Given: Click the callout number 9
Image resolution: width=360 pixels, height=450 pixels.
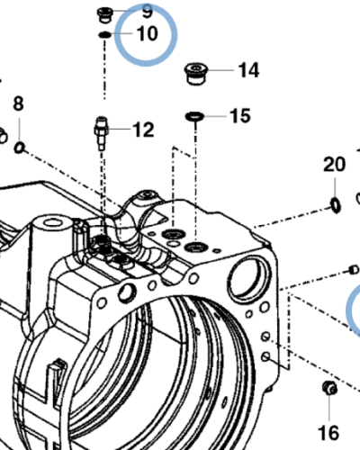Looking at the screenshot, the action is pyautogui.click(x=148, y=11).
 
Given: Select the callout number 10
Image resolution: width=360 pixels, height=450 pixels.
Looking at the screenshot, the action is pyautogui.click(x=147, y=33).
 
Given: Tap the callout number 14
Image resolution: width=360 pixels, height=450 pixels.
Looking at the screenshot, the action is pyautogui.click(x=248, y=70).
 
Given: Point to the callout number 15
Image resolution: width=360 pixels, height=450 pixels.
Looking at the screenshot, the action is pyautogui.click(x=240, y=116).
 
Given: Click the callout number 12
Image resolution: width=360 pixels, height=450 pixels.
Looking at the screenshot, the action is pyautogui.click(x=143, y=130).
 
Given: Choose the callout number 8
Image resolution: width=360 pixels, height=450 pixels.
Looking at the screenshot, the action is pyautogui.click(x=18, y=103).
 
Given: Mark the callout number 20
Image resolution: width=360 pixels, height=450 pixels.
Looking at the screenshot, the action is pyautogui.click(x=334, y=165).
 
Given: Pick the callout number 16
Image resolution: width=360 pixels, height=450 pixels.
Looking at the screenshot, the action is pyautogui.click(x=328, y=433).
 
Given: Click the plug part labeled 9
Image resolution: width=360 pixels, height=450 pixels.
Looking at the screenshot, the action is pyautogui.click(x=105, y=15).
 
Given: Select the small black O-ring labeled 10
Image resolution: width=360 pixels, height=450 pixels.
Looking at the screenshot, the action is pyautogui.click(x=104, y=35).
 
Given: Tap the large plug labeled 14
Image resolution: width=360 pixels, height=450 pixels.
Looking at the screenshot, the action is pyautogui.click(x=196, y=74).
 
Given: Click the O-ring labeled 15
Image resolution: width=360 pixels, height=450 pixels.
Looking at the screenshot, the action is pyautogui.click(x=194, y=116).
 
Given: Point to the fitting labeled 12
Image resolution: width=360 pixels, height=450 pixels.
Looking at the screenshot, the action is pyautogui.click(x=101, y=133).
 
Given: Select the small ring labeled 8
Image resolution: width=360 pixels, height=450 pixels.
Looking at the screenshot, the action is pyautogui.click(x=20, y=148).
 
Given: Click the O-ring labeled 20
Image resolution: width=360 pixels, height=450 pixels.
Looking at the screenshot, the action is pyautogui.click(x=336, y=205).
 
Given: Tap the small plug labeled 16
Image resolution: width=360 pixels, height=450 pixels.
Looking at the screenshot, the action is pyautogui.click(x=329, y=388).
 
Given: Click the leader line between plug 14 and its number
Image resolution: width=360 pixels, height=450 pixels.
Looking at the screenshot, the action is pyautogui.click(x=221, y=70).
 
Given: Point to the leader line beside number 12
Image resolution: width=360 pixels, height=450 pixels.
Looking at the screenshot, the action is pyautogui.click(x=120, y=130).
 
